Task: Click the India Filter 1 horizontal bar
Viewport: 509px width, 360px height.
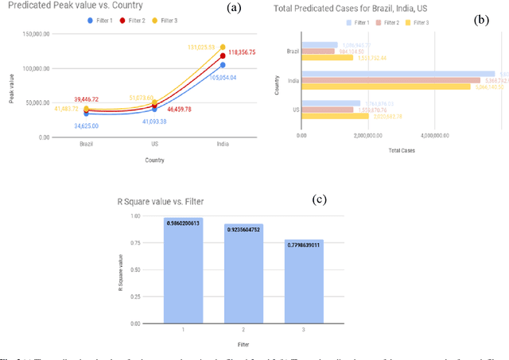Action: point(398,73)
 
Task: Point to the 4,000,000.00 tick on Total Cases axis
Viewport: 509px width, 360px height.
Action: point(428,136)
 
